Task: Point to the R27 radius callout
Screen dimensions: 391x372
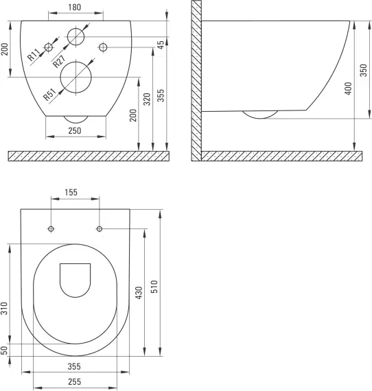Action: pyautogui.click(x=58, y=60)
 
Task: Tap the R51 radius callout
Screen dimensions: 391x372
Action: pyautogui.click(x=49, y=94)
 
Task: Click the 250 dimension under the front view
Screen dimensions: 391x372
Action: pyautogui.click(x=76, y=130)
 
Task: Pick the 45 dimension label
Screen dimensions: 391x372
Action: pyautogui.click(x=161, y=45)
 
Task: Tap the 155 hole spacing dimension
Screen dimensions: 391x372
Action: pyautogui.click(x=75, y=193)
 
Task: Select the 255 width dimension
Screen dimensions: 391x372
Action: pyautogui.click(x=75, y=381)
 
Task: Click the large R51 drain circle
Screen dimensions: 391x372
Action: pyautogui.click(x=75, y=77)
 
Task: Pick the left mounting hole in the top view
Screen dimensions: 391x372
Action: pyautogui.click(x=51, y=228)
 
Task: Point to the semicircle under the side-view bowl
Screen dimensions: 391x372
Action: pyautogui.click(x=259, y=115)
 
